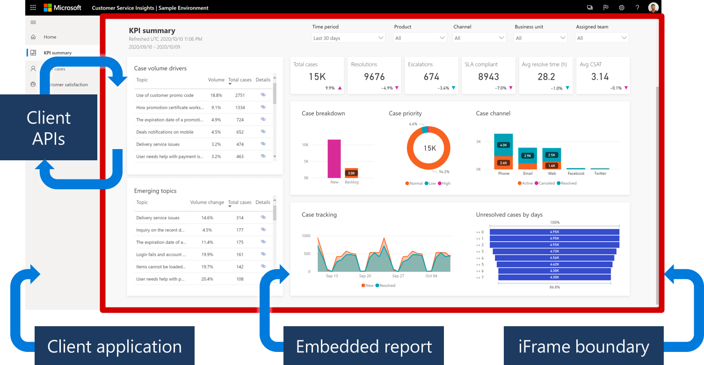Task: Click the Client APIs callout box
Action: coord(49,128)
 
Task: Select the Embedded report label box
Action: coord(363,346)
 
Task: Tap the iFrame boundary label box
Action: coord(583,346)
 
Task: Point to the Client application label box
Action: coord(115,346)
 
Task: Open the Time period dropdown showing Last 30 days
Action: coord(348,38)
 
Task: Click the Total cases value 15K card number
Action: coord(317,77)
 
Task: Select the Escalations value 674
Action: coord(431,77)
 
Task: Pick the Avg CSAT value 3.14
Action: coord(600,77)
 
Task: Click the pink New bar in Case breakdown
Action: coord(334,158)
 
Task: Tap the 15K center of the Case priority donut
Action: coord(429,148)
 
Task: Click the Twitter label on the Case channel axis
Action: coord(600,173)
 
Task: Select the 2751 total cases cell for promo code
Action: coord(240,95)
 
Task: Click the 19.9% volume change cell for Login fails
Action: coord(207,255)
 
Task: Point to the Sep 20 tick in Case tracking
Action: coord(365,276)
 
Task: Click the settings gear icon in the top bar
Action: coord(621,7)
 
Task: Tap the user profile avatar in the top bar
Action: coord(653,7)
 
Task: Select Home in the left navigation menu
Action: coord(50,37)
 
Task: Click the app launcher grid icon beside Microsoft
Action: coord(33,7)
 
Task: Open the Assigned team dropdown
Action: coord(602,38)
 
